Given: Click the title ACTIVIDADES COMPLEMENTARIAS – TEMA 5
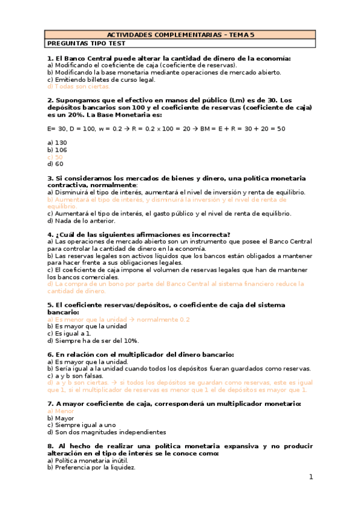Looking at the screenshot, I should pos(180,35).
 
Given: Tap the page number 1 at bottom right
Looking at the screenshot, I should pos(311,477).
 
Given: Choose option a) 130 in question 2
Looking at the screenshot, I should pos(57,143).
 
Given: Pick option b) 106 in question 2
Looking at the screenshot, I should pos(57,150).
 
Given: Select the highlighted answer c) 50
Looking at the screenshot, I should pos(55,156).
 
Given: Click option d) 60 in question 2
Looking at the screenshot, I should pos(55,164).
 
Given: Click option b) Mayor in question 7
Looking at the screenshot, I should pos(60,418).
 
